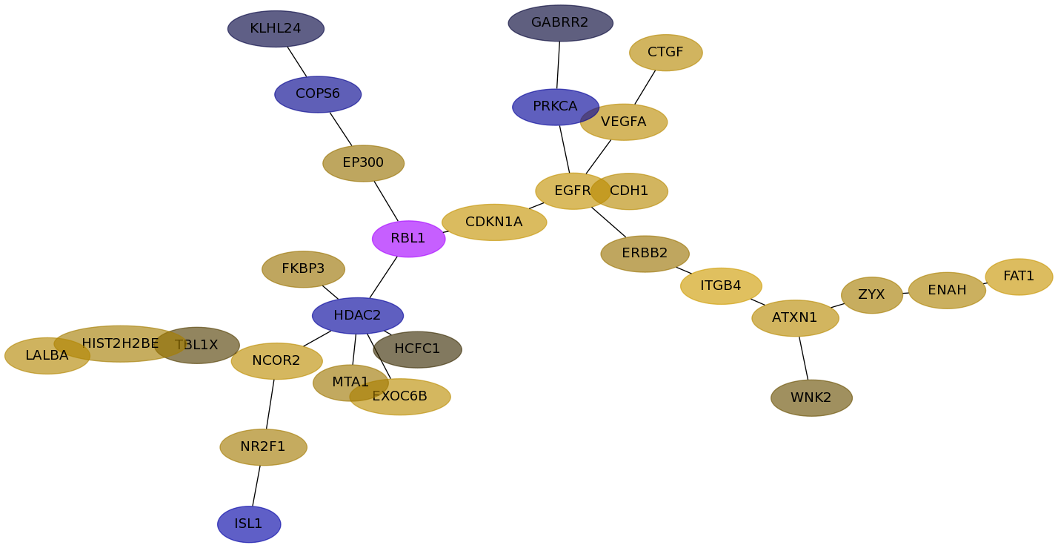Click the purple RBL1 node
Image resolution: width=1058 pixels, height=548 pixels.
pos(408,239)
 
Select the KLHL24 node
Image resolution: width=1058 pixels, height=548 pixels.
pos(276,29)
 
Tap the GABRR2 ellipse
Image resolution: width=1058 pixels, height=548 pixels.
pos(561,23)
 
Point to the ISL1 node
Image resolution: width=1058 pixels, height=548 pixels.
pos(249,524)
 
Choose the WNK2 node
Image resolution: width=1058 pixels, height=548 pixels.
pos(811,398)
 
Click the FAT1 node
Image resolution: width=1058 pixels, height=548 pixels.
pos(1019,277)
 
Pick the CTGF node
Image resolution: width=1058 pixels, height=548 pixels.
pos(666,53)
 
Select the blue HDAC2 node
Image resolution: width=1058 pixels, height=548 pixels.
pos(358,316)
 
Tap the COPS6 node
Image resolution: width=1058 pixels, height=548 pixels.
pos(318,95)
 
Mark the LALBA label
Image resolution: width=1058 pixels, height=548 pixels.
pos(47,355)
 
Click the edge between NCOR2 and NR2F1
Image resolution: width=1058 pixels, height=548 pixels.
pos(270,404)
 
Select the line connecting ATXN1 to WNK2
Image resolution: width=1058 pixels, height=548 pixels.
pos(803,358)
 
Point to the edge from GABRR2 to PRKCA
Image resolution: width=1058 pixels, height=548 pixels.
pos(559,65)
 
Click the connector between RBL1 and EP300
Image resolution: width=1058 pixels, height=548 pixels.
pos(386,201)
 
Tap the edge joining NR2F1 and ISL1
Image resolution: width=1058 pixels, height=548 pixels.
pos(256,486)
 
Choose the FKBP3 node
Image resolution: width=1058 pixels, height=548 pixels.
pos(303,269)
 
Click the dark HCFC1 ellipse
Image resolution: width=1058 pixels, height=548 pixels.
pos(418,350)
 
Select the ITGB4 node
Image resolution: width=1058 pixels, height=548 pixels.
pos(721,286)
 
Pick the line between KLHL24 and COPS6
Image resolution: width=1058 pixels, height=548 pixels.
pos(297,62)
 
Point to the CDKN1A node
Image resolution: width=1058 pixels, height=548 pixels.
pos(494,222)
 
